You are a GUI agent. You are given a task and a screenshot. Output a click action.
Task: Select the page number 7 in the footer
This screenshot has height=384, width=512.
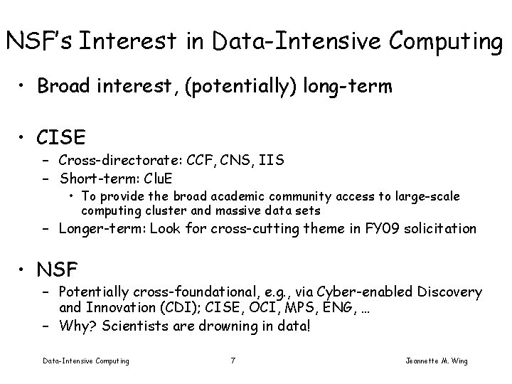point(233,361)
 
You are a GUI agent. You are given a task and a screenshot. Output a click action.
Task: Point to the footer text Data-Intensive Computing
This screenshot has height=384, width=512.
point(86,361)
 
